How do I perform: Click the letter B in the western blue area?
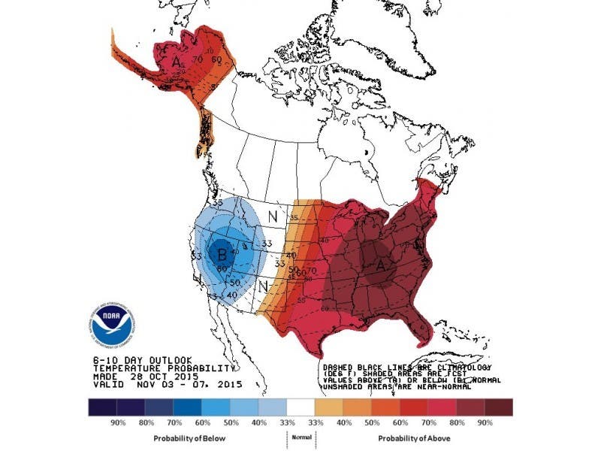pos(221,253)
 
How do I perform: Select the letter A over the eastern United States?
pos(380,264)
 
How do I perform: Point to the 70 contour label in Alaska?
pos(198,59)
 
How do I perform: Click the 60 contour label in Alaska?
pos(216,59)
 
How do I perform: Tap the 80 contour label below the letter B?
pos(222,268)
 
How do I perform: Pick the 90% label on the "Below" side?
pos(118,422)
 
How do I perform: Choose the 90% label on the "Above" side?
pos(485,422)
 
